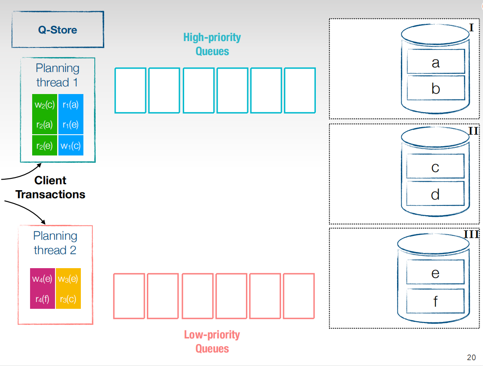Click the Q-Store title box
point(58,30)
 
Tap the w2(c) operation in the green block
point(45,105)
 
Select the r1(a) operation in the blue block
point(71,105)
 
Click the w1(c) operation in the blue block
point(71,146)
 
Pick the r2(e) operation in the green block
point(44,146)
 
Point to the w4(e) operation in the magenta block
point(42,279)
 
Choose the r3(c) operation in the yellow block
point(68,299)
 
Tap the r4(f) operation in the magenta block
point(42,299)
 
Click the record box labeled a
point(436,61)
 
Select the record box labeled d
point(435,193)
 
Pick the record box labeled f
point(435,301)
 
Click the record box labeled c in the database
point(435,166)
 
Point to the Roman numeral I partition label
point(471,28)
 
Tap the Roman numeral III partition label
point(472,234)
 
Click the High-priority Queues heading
point(212,44)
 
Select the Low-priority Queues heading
point(212,341)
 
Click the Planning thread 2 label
point(55,243)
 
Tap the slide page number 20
point(471,358)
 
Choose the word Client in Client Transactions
point(50,180)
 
